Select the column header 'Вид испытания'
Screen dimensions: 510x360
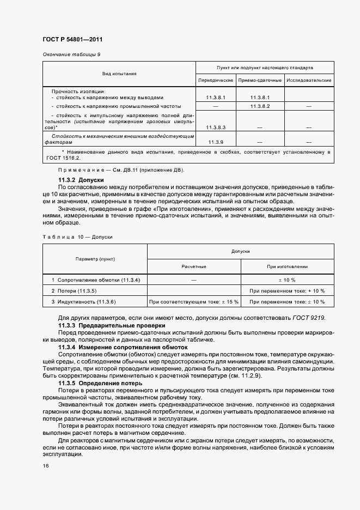click(119, 73)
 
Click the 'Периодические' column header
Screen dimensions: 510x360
click(216, 80)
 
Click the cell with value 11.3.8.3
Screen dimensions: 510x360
click(216, 127)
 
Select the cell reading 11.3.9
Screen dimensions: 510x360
click(216, 142)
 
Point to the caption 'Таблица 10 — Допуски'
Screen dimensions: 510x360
click(77, 237)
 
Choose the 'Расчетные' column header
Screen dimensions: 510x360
click(194, 266)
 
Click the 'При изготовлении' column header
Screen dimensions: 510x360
click(287, 266)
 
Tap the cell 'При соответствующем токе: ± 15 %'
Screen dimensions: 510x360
click(194, 301)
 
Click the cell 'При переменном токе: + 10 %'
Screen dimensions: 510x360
click(287, 290)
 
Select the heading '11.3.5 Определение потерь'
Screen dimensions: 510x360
click(101, 383)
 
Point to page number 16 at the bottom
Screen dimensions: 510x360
click(45, 466)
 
